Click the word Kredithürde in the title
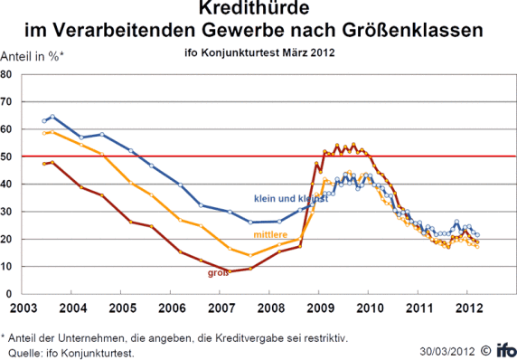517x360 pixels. point(258,12)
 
